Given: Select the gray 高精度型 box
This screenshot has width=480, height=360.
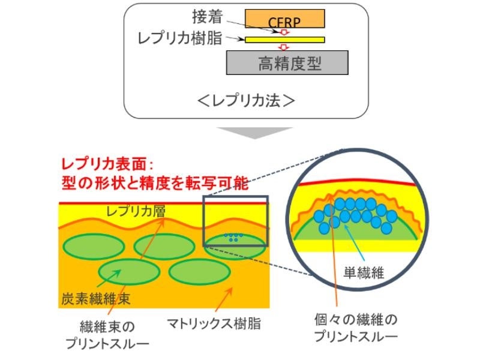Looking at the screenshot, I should (287, 62).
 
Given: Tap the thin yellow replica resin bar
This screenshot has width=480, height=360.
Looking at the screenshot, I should (286, 40).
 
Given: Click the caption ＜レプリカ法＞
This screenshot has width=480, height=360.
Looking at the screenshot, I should (246, 100).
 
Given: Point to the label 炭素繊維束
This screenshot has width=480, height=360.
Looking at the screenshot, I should (96, 298).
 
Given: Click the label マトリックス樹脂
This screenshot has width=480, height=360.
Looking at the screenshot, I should (214, 323).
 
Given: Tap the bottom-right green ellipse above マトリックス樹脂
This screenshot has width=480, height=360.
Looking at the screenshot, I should (199, 272).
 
